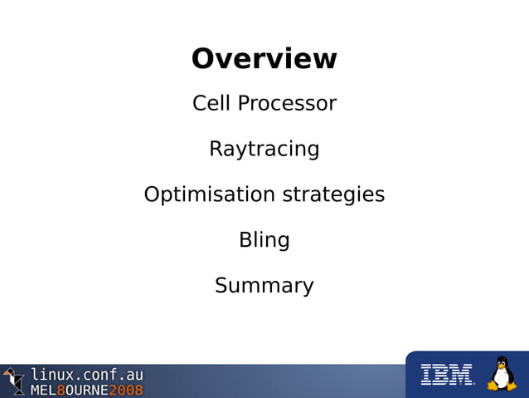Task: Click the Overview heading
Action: click(x=264, y=59)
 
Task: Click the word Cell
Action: click(x=211, y=104)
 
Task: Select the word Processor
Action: click(x=286, y=104)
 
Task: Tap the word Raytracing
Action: click(x=264, y=150)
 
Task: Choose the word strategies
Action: click(x=334, y=195)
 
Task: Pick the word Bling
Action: click(x=264, y=240)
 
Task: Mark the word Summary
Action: click(x=264, y=286)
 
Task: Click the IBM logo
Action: click(x=446, y=376)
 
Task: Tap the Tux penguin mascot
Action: click(x=501, y=375)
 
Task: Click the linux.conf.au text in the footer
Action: click(x=87, y=374)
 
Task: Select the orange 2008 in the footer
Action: click(x=125, y=390)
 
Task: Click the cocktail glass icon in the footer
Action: click(x=13, y=380)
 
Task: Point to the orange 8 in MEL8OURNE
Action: click(x=61, y=390)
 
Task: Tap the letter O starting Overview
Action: click(x=204, y=59)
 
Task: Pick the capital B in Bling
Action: click(x=245, y=240)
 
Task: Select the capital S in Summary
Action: click(x=222, y=286)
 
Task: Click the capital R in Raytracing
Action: click(x=216, y=150)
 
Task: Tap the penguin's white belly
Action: click(x=501, y=379)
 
